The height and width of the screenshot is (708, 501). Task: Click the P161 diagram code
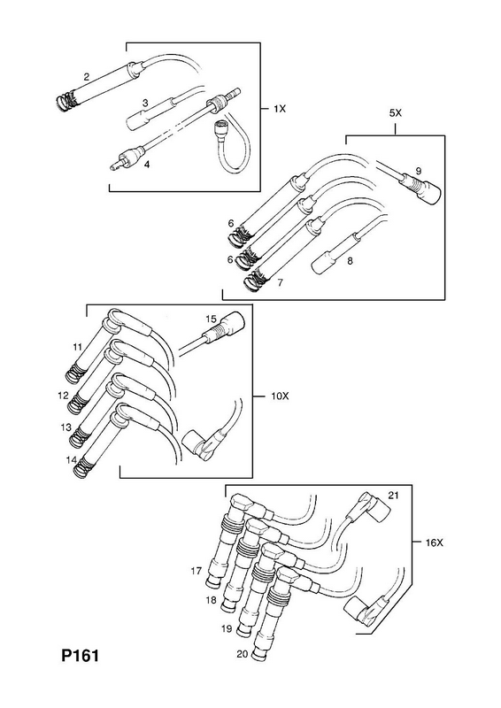click(80, 655)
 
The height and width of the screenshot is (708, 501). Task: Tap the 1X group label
click(280, 109)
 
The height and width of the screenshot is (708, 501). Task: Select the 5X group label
click(396, 113)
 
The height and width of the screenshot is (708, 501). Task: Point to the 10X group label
click(279, 396)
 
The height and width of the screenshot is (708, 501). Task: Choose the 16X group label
click(435, 543)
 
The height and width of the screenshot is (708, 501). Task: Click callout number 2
click(86, 77)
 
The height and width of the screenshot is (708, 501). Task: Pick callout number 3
click(144, 104)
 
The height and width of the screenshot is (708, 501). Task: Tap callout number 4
click(147, 165)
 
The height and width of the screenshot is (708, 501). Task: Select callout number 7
click(280, 282)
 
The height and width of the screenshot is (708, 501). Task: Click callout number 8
click(350, 261)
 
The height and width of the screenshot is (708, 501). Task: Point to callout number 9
click(419, 171)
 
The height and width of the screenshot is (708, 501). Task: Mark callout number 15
click(212, 319)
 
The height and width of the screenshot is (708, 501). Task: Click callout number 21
click(394, 496)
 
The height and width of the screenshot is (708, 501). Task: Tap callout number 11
click(77, 347)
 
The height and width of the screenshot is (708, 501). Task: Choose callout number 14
click(71, 460)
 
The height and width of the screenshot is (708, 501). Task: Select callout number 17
click(196, 571)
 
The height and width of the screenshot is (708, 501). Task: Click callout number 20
click(243, 654)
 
